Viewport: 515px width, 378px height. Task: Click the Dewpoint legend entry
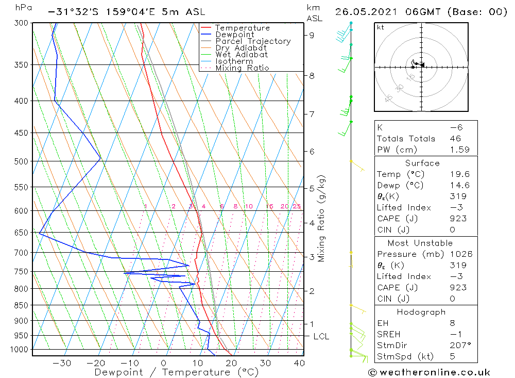pos(234,35)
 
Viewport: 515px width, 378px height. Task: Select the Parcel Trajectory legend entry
pos(253,41)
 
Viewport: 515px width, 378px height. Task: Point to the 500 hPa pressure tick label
pos(21,161)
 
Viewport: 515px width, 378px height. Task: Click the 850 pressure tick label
pos(21,305)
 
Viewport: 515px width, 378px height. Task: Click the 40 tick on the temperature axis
pos(299,363)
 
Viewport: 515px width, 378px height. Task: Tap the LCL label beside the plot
pos(321,336)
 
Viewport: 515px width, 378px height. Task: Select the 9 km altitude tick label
pos(312,35)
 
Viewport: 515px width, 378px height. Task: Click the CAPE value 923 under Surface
pos(457,218)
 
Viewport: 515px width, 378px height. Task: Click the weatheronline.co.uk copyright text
pos(429,372)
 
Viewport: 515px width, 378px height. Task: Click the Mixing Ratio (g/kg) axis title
pos(322,218)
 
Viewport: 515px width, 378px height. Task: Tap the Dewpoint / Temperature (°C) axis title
pos(176,372)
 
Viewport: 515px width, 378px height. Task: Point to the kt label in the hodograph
pos(381,27)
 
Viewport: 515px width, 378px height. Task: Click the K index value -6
pos(453,127)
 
